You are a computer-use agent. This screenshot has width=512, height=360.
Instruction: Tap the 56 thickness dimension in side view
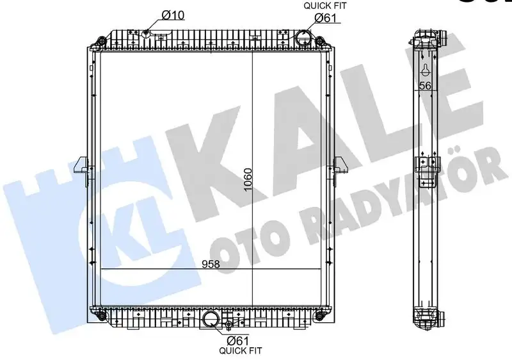tap(425, 86)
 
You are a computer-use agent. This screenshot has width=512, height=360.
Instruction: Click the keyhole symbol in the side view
tap(424, 70)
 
